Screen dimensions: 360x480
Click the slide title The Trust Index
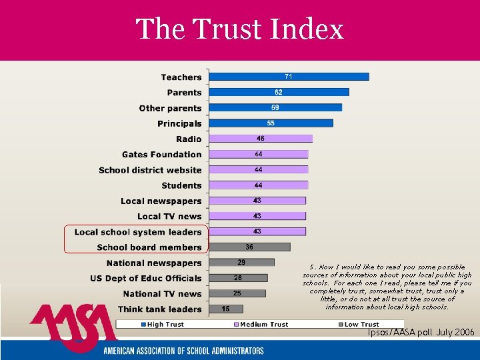(239, 29)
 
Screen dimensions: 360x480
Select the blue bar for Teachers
(289, 77)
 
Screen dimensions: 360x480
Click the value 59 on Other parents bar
(275, 107)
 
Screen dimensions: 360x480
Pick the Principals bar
(271, 123)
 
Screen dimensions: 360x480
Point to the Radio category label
(189, 139)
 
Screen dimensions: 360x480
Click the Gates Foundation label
(161, 154)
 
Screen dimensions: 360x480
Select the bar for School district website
(258, 170)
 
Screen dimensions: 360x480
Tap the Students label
(181, 185)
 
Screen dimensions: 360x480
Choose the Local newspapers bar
(257, 201)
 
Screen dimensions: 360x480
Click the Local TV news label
(169, 216)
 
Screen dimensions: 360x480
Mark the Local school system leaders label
(138, 232)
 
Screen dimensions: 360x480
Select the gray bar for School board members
(249, 247)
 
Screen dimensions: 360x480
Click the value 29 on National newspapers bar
(241, 263)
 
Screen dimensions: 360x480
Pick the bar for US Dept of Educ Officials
(238, 278)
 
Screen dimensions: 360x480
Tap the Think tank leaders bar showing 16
(226, 309)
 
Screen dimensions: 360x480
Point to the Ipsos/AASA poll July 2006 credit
(421, 332)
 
